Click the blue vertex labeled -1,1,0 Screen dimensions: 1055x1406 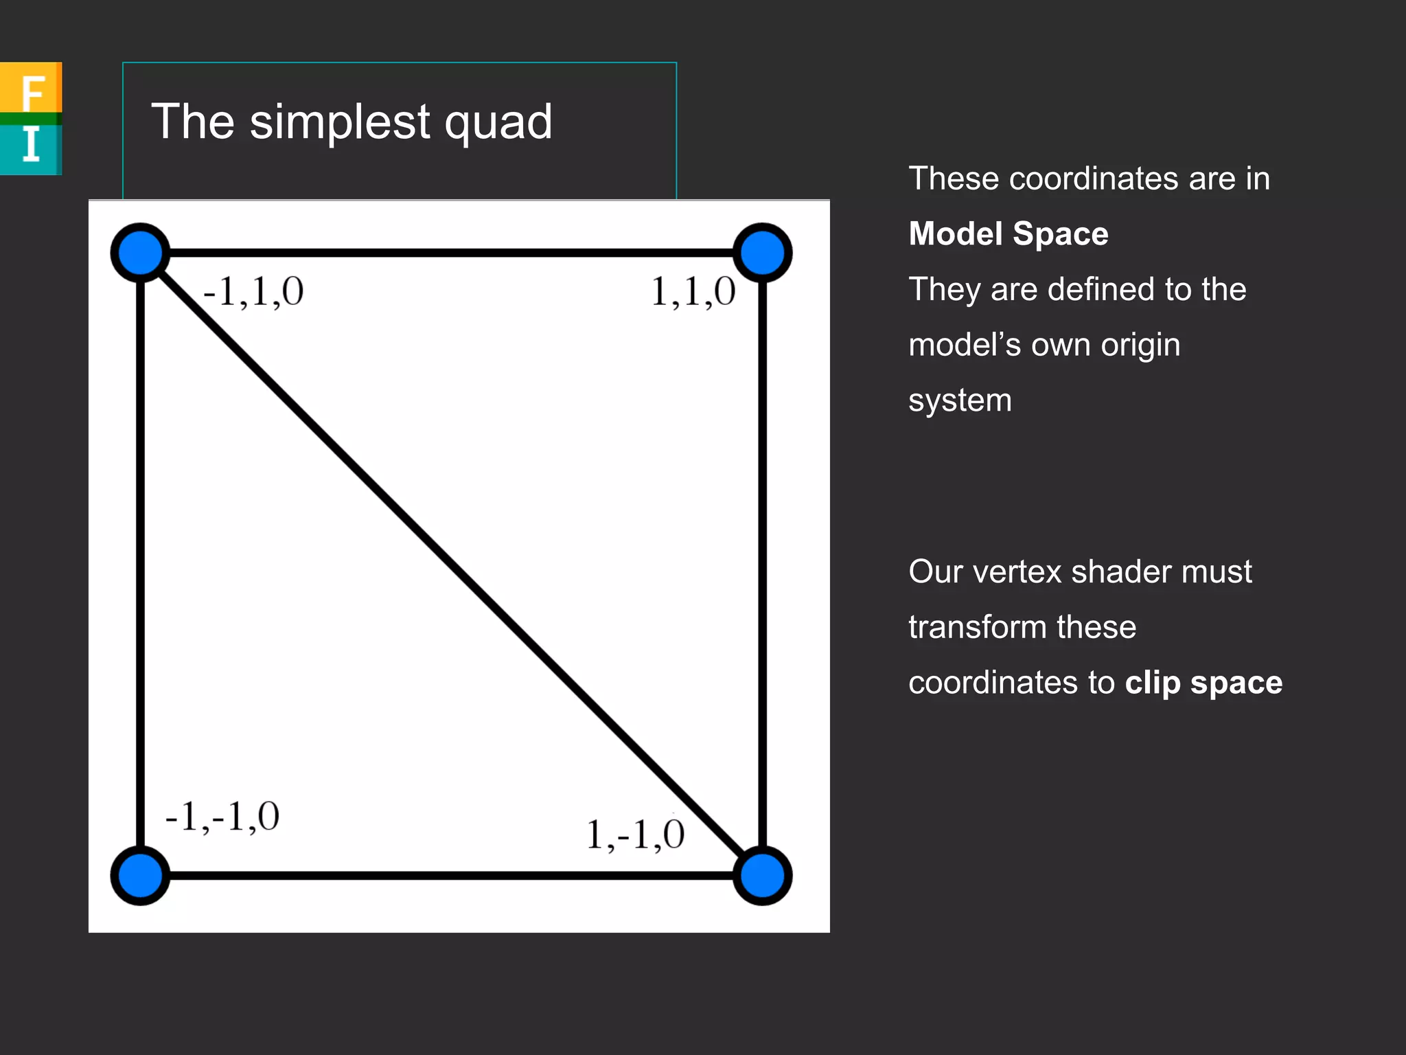click(141, 253)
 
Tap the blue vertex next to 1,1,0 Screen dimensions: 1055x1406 click(762, 253)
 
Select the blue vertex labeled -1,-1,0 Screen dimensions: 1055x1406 click(141, 876)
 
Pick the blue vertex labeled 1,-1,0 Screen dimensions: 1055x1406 click(762, 876)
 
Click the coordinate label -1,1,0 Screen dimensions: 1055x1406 click(253, 292)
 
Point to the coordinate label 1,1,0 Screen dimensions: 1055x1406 click(693, 292)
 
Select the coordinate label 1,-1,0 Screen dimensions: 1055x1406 click(635, 835)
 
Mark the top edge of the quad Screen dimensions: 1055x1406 click(452, 253)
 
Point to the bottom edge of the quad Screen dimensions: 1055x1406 click(452, 876)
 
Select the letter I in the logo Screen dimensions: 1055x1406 click(31, 145)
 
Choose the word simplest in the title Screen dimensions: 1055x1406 click(340, 122)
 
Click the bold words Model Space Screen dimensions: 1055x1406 click(1008, 234)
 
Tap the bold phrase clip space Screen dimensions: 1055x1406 click(1203, 683)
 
